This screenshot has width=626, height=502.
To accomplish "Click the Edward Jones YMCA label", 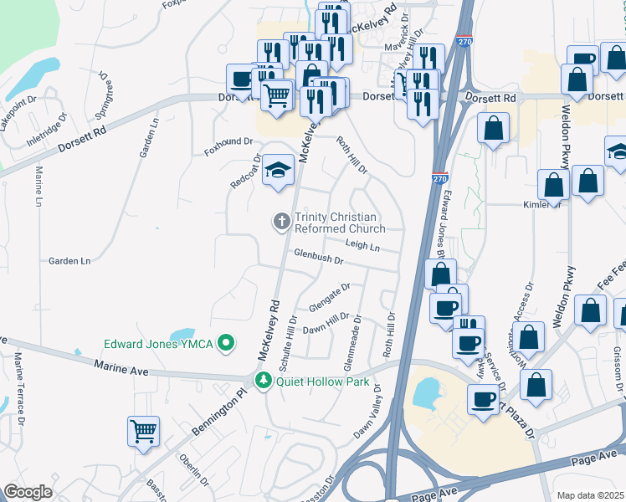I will pyautogui.click(x=159, y=343).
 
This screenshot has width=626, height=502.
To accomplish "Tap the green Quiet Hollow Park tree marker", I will pyautogui.click(x=264, y=382).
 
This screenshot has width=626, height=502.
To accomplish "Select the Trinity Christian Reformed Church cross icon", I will pyautogui.click(x=282, y=222).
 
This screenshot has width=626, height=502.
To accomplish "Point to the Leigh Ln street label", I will pyautogui.click(x=362, y=245).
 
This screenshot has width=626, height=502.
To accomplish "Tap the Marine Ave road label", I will pyautogui.click(x=121, y=367).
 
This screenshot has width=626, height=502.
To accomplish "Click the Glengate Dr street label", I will pyautogui.click(x=329, y=295).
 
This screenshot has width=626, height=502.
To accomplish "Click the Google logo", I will pyautogui.click(x=28, y=492).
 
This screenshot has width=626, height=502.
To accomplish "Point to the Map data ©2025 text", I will pyautogui.click(x=590, y=495).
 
